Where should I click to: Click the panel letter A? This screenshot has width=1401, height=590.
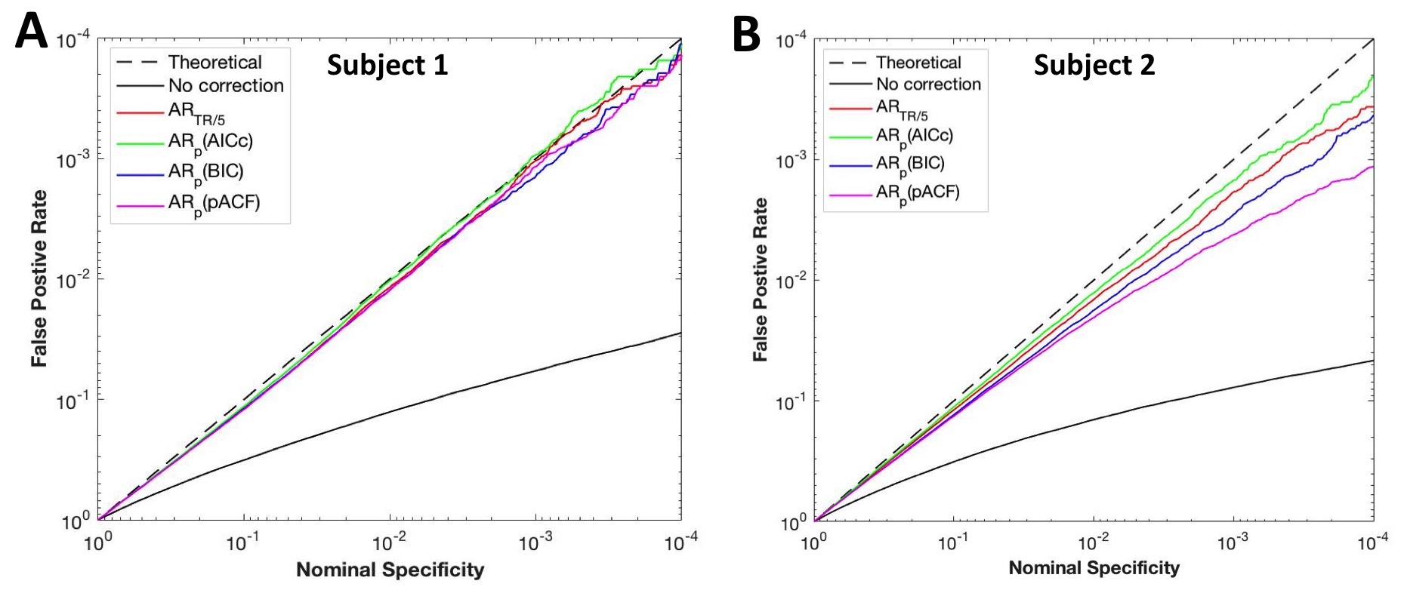tap(32, 32)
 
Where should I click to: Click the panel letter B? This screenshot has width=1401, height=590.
tap(746, 33)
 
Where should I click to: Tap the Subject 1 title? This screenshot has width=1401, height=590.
tap(387, 66)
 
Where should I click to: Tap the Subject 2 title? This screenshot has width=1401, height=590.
tap(1094, 66)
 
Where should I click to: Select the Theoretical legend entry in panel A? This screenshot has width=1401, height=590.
tap(214, 62)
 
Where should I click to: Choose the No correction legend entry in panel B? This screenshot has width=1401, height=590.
tap(928, 84)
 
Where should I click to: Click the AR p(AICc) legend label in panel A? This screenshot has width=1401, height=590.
tap(210, 142)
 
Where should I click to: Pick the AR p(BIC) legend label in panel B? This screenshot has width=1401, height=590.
tap(910, 164)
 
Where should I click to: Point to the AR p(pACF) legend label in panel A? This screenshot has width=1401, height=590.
tap(214, 202)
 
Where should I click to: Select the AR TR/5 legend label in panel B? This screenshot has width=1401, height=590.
tap(902, 109)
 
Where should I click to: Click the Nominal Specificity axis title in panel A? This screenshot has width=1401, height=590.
tap(390, 570)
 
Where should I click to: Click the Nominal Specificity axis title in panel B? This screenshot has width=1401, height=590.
tap(1094, 567)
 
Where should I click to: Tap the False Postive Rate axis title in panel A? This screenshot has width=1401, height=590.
tap(39, 278)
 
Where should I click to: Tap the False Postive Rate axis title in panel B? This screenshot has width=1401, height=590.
tap(760, 279)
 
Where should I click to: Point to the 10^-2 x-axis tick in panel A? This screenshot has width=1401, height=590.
tap(390, 542)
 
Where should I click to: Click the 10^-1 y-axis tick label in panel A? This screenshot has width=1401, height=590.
tap(74, 400)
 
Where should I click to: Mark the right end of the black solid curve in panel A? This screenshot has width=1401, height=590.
tap(681, 333)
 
